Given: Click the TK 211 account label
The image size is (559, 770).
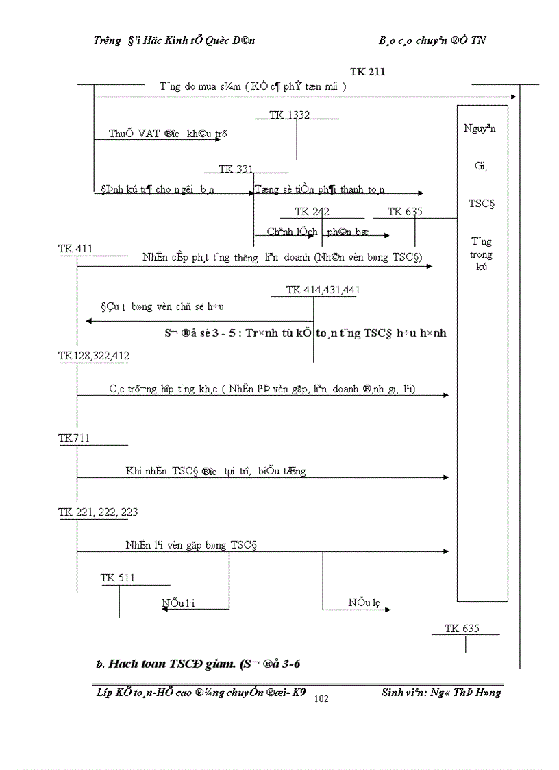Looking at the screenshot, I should click(367, 71).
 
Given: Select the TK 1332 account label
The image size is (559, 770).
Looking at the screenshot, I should click(289, 115).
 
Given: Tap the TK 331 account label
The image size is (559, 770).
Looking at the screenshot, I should click(236, 169).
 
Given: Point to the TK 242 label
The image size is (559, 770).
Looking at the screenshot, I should click(312, 212).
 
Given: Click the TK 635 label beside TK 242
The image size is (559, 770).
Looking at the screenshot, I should click(405, 212).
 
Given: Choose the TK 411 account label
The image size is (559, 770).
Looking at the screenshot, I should click(75, 249).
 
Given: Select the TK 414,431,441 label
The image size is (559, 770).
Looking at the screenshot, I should click(323, 290).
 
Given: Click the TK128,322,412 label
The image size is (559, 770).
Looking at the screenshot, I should click(94, 356).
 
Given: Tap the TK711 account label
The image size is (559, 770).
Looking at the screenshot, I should click(74, 438).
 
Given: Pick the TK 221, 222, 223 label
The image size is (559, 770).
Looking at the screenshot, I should click(98, 512).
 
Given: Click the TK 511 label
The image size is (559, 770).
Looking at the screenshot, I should click(118, 578).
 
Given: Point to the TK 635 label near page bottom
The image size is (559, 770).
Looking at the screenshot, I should click(462, 628).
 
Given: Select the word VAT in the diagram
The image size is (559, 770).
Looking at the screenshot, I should click(149, 134).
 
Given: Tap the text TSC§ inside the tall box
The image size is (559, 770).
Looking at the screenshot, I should click(482, 204).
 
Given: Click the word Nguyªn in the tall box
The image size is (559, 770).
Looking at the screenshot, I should click(481, 128).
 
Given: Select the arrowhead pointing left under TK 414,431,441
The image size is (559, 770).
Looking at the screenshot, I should click(89, 321).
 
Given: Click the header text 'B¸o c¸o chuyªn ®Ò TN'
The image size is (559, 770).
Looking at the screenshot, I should click(432, 40).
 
